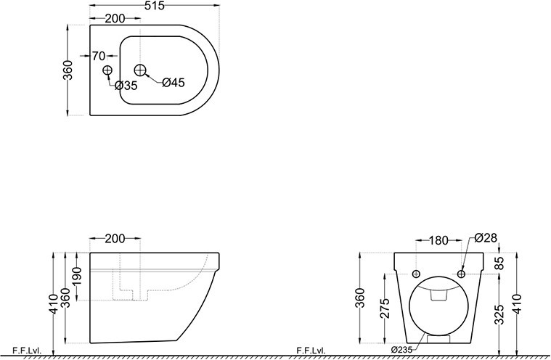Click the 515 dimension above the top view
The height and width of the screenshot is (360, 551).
coord(155,5)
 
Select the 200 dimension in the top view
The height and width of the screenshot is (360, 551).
coord(115,19)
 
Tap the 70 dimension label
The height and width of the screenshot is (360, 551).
coord(99,55)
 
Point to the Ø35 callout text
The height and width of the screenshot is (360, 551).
coord(126,86)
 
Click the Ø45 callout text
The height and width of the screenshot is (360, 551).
coord(174,83)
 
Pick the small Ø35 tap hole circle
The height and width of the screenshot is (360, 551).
coord(107,70)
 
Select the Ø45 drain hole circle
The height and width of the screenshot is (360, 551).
coord(140,70)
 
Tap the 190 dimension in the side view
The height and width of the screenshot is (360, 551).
coord(77,277)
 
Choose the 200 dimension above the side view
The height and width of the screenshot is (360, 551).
coord(115,239)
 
